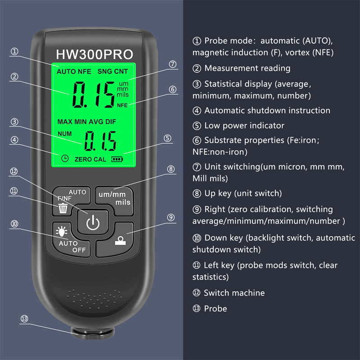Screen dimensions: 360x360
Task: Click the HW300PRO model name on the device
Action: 94,54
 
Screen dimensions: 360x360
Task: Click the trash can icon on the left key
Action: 63,208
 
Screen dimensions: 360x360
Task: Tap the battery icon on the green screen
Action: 117,159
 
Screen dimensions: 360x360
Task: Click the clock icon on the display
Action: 65,158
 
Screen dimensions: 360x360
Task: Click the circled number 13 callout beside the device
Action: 24,319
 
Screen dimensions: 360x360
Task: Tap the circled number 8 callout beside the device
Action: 171,169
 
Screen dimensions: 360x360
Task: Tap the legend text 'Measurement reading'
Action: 247,68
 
